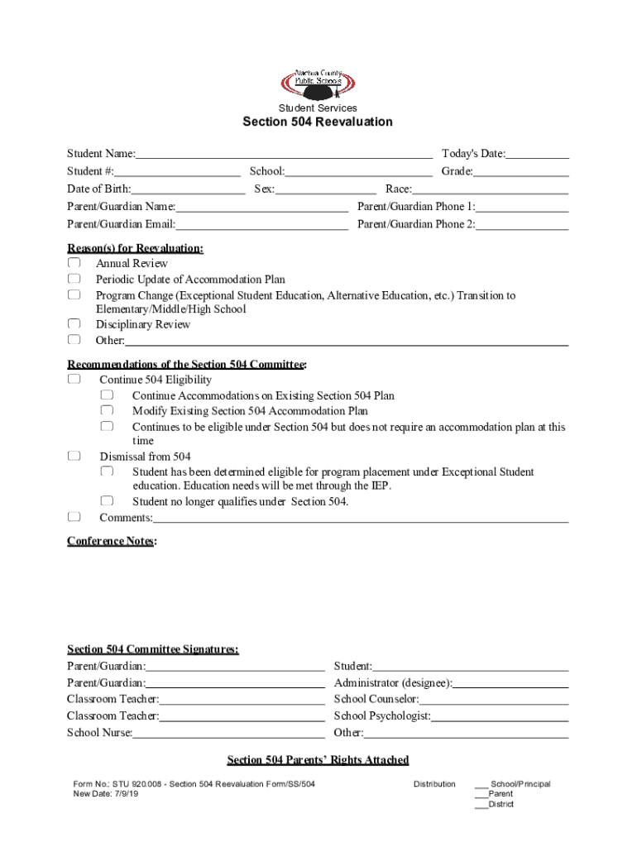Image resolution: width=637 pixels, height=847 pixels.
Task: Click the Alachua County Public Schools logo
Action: tap(318, 83)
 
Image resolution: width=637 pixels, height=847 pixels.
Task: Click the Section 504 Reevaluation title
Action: tap(318, 122)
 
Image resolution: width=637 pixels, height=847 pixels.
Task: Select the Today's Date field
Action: tap(537, 154)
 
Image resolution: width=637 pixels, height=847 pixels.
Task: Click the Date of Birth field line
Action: tap(188, 189)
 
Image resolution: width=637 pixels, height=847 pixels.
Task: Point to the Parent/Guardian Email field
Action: tap(261, 225)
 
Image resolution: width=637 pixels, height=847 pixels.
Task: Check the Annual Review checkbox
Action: tap(74, 264)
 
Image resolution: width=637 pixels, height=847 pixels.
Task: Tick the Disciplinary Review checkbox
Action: tap(74, 324)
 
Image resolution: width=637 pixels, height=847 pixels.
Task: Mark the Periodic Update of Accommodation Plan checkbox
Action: tap(74, 280)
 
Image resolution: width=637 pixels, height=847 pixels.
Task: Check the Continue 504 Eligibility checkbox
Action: tap(74, 380)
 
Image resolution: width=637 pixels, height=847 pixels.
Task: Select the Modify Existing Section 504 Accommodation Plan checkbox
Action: tap(107, 411)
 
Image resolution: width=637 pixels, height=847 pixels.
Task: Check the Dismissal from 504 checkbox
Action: tap(74, 457)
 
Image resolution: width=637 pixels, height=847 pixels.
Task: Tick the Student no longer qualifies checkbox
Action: tap(107, 501)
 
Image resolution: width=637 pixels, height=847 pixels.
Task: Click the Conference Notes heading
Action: tap(111, 541)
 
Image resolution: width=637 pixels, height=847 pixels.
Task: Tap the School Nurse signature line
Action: tap(228, 733)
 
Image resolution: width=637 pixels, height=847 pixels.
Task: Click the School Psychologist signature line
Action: tap(500, 716)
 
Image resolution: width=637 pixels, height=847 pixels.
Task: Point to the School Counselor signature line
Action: tap(494, 700)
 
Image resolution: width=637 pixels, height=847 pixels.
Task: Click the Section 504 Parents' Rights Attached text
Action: tap(318, 760)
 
